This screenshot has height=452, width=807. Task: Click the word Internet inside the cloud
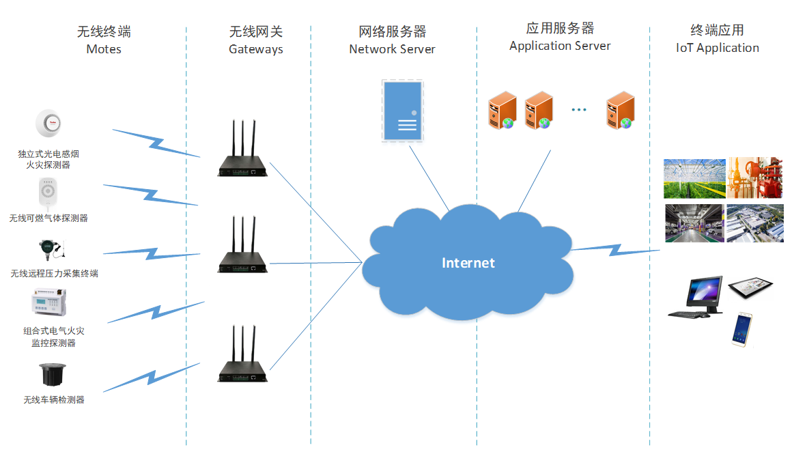(468, 263)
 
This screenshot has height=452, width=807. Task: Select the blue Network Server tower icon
(402, 111)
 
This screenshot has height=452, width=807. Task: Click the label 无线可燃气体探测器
(48, 218)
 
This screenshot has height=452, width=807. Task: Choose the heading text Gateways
(255, 49)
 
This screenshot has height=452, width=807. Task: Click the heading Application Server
(560, 46)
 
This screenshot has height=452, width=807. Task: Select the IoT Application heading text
(717, 48)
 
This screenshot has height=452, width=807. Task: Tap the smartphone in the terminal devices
(742, 329)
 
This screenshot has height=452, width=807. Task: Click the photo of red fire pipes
(754, 178)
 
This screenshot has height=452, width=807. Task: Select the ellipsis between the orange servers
(579, 110)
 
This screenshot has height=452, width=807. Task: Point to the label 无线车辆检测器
(54, 399)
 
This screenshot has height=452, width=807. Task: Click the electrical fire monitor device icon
(48, 303)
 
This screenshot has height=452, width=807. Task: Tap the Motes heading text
(104, 49)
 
